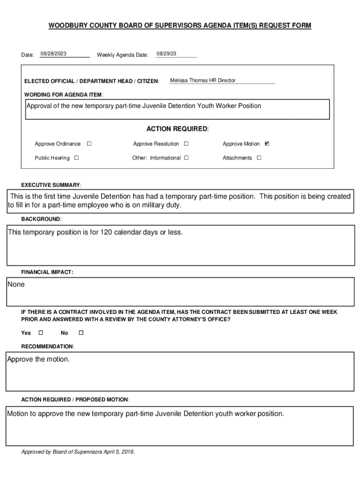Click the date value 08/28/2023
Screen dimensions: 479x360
pyautogui.click(x=53, y=54)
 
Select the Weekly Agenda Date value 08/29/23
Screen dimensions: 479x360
pyautogui.click(x=166, y=54)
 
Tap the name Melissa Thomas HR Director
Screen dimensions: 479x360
pyautogui.click(x=203, y=80)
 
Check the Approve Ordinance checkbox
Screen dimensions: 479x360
pyautogui.click(x=89, y=144)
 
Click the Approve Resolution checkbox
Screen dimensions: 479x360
pyautogui.click(x=186, y=144)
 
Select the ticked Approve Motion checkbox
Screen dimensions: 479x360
pyautogui.click(x=267, y=144)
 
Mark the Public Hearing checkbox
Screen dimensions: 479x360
pyautogui.click(x=77, y=158)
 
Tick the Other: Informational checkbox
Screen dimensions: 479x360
pyautogui.click(x=186, y=158)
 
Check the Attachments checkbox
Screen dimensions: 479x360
pyautogui.click(x=259, y=158)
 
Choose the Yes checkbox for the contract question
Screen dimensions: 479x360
pyautogui.click(x=40, y=333)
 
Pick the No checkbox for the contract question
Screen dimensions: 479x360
pyautogui.click(x=81, y=333)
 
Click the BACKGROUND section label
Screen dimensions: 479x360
pyautogui.click(x=41, y=219)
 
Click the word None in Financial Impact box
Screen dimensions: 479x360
pyautogui.click(x=16, y=284)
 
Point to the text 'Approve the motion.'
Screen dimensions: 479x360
pyautogui.click(x=38, y=359)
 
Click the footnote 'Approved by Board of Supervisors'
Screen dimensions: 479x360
pyautogui.click(x=78, y=452)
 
